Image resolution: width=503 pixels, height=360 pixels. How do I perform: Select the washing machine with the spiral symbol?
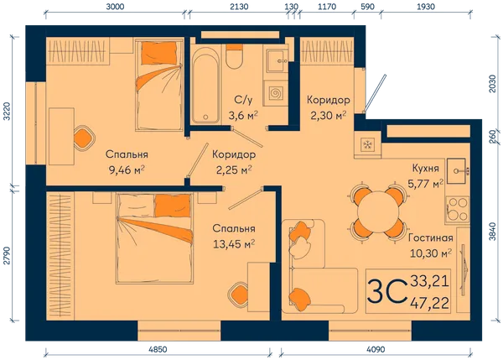275,93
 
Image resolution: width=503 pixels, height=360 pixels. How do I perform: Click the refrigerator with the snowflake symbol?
367,145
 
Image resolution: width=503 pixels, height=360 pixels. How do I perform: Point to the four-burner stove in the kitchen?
458,209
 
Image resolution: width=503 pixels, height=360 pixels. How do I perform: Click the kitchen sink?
458,170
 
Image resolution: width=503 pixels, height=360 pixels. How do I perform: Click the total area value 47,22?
430,303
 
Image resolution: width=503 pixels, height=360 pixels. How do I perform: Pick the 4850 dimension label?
158,349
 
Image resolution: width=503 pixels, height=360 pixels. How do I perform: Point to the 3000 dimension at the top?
115,7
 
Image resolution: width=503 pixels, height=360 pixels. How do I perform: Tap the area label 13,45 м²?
234,244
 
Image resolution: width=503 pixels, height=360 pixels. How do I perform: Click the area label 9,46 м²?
127,170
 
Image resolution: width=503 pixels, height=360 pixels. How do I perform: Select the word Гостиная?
431,238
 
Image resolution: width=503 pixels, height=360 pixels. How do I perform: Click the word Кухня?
425,169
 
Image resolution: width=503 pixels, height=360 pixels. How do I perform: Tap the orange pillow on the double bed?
172,206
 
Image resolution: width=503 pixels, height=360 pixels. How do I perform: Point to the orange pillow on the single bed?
159,52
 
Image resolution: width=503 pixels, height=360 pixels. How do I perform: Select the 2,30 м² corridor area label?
328,115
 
